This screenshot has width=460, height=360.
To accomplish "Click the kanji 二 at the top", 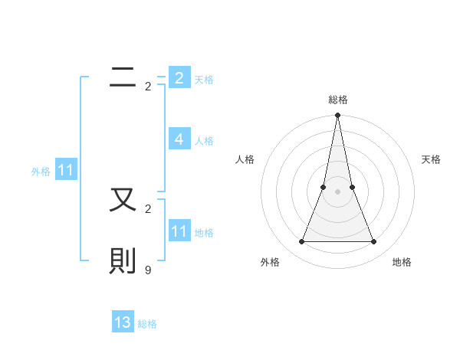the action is (x=123, y=77).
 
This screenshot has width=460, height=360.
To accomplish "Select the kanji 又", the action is (x=123, y=200).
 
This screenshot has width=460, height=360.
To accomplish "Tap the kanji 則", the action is (x=123, y=261).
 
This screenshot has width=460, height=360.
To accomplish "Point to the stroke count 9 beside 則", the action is (x=148, y=270).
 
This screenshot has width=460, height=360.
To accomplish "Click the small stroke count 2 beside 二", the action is (x=148, y=87).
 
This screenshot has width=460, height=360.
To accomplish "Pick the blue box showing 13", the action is (x=123, y=322).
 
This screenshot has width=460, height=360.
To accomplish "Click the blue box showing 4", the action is (x=179, y=139).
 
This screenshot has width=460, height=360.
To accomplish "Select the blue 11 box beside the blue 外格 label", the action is (x=65, y=171).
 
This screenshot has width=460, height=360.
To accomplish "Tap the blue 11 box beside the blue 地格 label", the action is (x=179, y=231).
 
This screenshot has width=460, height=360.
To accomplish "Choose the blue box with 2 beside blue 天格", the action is (x=179, y=78).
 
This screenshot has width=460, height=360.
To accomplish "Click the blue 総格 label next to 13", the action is (x=147, y=324).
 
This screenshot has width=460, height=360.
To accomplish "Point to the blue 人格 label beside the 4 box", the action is (x=204, y=141).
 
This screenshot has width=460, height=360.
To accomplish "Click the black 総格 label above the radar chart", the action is (x=338, y=100).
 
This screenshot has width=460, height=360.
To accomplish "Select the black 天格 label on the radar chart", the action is (x=431, y=159).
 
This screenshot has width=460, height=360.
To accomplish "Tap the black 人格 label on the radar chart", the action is (x=245, y=159).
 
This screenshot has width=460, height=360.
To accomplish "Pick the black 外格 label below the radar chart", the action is (x=270, y=263).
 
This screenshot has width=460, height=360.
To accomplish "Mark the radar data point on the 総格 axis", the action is (x=338, y=116).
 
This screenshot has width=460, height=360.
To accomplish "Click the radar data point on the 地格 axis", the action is (x=374, y=242).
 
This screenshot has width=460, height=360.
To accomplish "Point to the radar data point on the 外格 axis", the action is (x=301, y=242).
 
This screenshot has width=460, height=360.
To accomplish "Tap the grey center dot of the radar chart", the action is (x=338, y=191).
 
